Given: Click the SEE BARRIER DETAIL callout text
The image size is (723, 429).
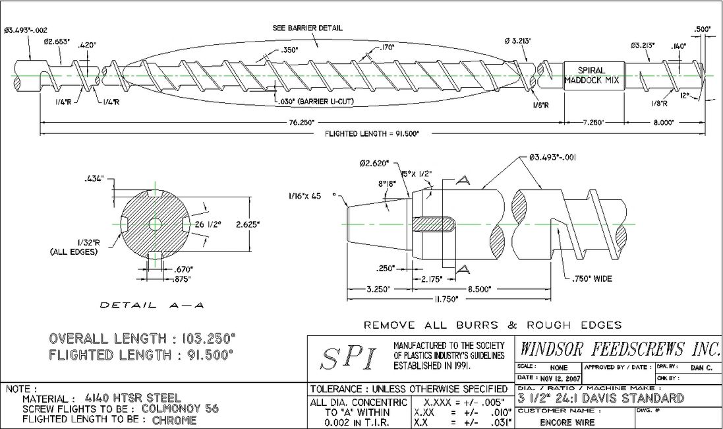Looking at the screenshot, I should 307,28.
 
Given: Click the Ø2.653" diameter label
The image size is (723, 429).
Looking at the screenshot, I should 58,42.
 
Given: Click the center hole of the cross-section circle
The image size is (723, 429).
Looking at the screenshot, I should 154,224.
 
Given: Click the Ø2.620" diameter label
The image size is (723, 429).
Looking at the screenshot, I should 374,163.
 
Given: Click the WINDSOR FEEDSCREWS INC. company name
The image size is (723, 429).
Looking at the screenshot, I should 620,348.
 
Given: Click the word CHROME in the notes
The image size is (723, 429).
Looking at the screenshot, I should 174,420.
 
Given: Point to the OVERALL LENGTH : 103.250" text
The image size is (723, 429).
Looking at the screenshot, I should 142,339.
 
